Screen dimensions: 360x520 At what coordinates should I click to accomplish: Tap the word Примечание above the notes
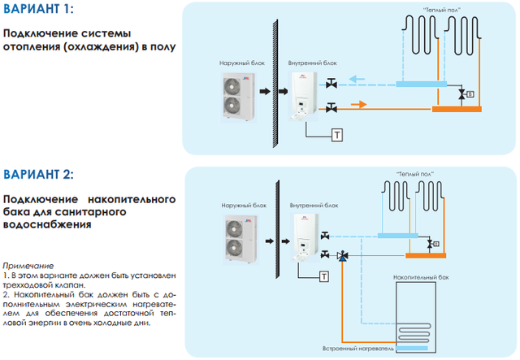[28, 266]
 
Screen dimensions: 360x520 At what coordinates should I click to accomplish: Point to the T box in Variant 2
[324, 276]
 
